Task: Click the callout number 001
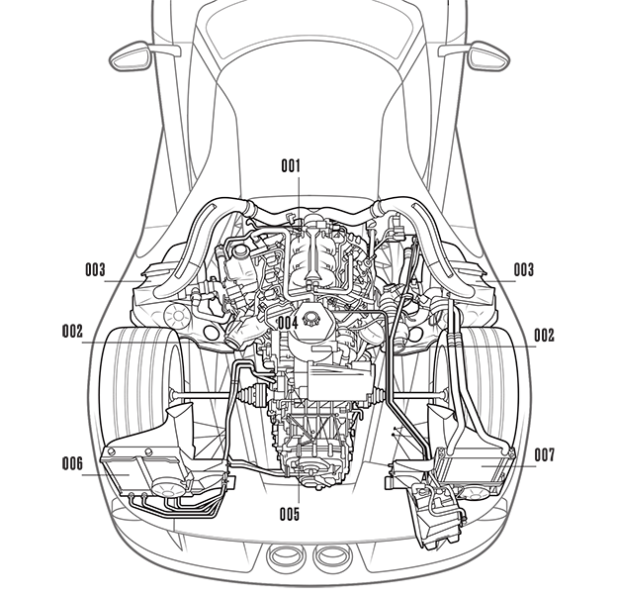(x=290, y=165)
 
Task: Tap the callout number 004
(x=289, y=322)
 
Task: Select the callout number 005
(x=289, y=513)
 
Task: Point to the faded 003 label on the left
(x=96, y=269)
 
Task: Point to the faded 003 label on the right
(x=523, y=269)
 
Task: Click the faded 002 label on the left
(x=72, y=332)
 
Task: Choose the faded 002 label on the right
(x=544, y=334)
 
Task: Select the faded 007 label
(x=544, y=457)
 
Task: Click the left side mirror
(x=132, y=56)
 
